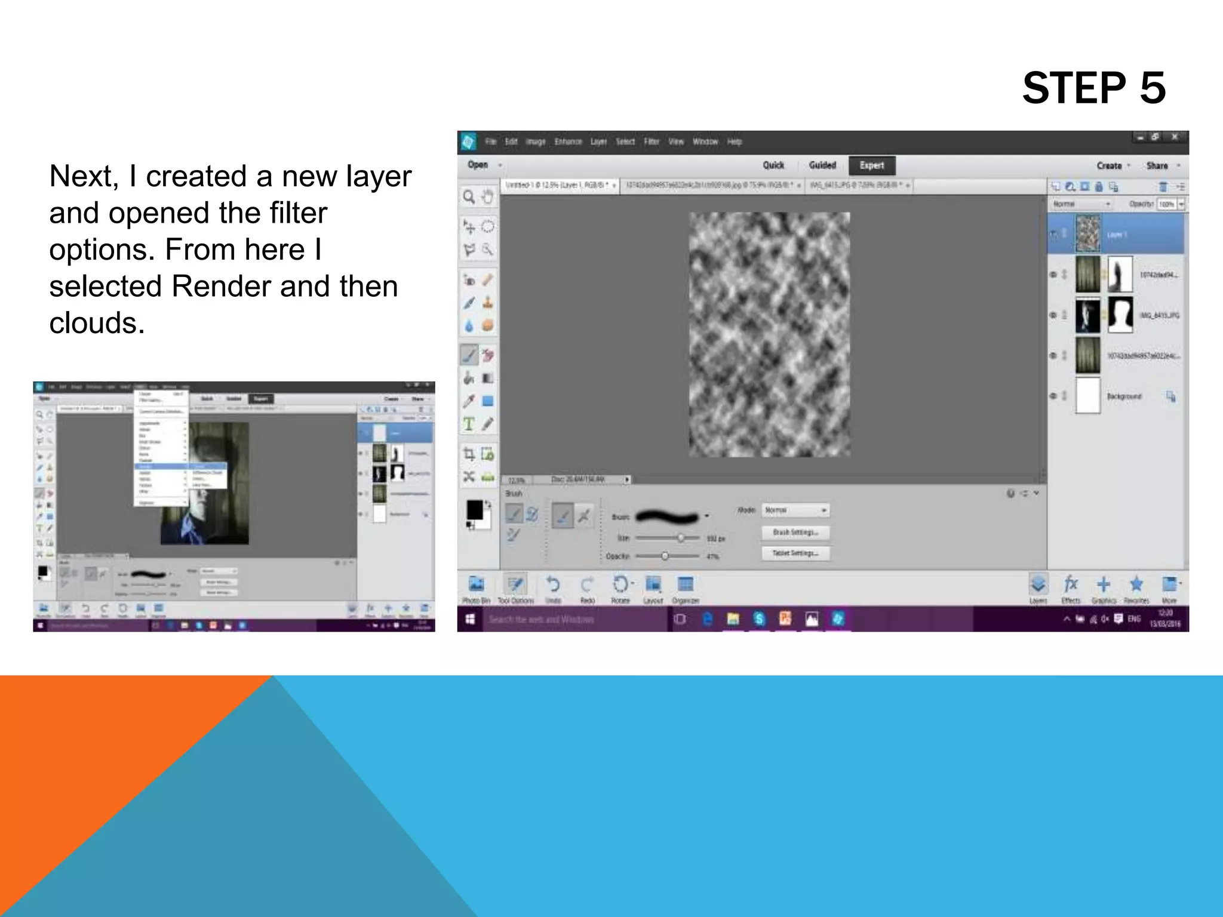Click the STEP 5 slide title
point(1093,88)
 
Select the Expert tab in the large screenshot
point(871,165)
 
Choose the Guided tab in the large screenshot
point(822,165)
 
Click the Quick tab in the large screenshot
point(773,165)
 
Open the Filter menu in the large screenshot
point(652,141)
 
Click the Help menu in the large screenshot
point(735,141)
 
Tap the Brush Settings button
point(795,532)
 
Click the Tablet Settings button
point(795,553)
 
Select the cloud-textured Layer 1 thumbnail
point(1087,233)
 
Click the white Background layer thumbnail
point(1087,395)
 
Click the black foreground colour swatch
point(475,510)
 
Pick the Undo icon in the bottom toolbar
point(553,585)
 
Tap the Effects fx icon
point(1071,585)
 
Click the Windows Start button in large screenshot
point(471,619)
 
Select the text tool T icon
point(469,424)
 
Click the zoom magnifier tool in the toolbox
point(469,197)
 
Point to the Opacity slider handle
point(665,556)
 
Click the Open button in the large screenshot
point(478,165)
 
